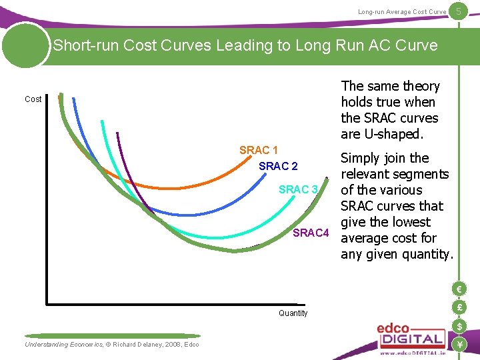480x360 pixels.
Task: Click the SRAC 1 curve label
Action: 259,150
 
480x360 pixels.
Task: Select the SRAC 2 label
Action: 278,166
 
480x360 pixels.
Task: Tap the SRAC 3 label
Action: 298,190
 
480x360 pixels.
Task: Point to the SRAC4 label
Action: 311,233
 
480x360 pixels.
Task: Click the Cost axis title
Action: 33,99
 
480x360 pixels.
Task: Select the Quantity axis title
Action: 293,313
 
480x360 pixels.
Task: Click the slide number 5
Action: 459,10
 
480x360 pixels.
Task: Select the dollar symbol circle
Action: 459,326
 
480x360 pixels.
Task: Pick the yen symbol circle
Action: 459,344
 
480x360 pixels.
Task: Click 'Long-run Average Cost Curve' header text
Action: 402,12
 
